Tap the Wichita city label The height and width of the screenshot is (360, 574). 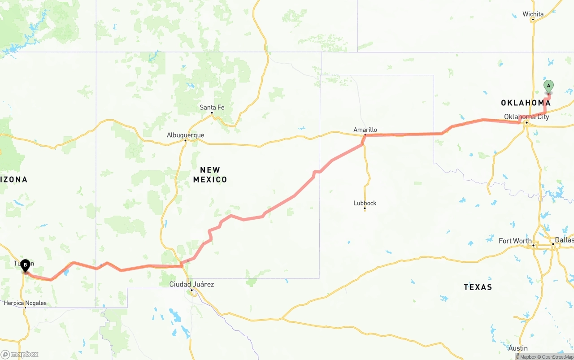[533, 14]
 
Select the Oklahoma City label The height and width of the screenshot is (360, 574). [526, 117]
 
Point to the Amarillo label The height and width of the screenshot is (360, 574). [365, 130]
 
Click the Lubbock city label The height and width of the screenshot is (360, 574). [365, 203]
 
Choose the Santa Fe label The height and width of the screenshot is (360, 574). [212, 107]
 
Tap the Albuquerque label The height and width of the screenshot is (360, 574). [185, 135]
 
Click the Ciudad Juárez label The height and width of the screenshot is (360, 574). [191, 284]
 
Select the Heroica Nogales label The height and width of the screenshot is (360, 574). [25, 303]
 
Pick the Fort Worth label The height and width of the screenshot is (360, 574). [515, 241]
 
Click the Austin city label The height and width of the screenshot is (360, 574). [518, 348]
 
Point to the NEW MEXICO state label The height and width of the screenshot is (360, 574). [210, 174]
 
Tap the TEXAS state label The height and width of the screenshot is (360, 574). [478, 287]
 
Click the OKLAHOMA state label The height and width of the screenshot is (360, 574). [526, 103]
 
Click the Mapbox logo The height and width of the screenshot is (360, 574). [20, 354]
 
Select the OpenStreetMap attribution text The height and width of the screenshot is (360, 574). [556, 357]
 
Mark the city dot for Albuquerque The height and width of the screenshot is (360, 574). [185, 141]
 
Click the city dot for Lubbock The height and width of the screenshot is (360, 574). [365, 208]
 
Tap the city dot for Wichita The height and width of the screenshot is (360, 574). [533, 20]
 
